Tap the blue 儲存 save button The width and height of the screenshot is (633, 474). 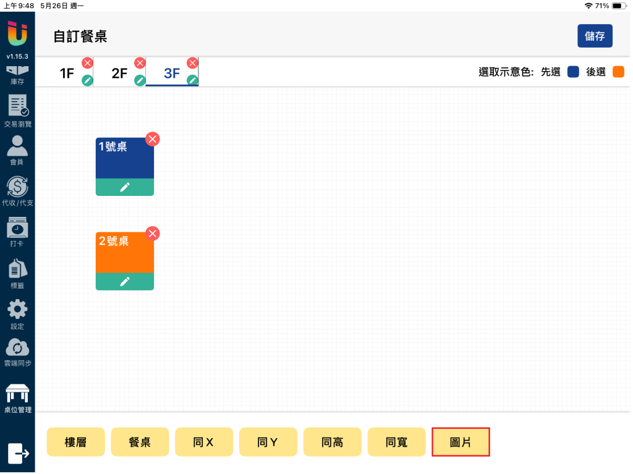pos(595,36)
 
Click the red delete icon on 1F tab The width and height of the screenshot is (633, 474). pos(87,63)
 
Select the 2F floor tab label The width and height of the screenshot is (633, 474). pos(119,73)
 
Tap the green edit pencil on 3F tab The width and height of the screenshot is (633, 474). pos(193,80)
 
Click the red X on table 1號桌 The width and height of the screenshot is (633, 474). pos(153,139)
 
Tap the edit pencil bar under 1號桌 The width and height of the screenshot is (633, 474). pos(125,187)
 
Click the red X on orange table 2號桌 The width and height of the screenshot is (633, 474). pos(153,234)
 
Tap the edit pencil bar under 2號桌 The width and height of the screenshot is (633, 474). pos(125,281)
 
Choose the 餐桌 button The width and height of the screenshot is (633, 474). pos(140,442)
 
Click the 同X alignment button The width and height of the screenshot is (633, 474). pos(204,442)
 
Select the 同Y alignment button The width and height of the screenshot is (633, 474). pos(268,442)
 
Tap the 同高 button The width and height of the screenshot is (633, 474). pos(332,442)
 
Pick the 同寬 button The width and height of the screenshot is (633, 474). pos(396,442)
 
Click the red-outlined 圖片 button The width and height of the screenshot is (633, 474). pos(461,442)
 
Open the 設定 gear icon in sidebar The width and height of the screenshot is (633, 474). pos(17,310)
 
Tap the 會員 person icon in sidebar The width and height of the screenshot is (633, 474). pos(17,146)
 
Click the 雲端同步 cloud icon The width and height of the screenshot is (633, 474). pos(17,347)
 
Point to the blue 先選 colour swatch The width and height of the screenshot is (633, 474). pos(573,72)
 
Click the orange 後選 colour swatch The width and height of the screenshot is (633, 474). pos(618,72)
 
